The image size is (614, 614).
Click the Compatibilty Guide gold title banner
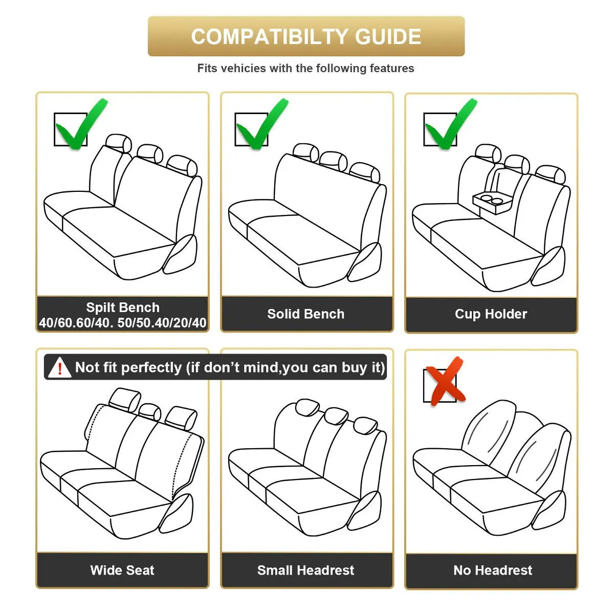(306, 36)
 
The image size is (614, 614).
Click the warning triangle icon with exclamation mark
(59, 368)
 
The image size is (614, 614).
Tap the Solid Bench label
(306, 314)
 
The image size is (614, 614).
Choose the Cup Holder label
(491, 314)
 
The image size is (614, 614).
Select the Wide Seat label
(122, 570)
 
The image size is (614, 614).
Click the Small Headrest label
(306, 570)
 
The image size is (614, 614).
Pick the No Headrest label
(493, 570)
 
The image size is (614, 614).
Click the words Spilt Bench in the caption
(123, 307)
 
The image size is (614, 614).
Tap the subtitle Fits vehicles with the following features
(306, 69)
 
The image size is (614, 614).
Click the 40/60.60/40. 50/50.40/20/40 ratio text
(123, 323)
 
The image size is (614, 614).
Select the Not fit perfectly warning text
(230, 367)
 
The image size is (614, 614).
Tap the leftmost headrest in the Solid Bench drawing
(306, 152)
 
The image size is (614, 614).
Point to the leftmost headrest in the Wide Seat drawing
(124, 399)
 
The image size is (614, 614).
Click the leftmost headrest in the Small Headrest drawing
(307, 408)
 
